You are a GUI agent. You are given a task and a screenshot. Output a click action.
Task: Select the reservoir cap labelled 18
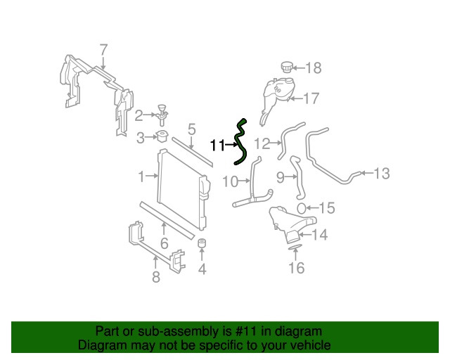tap(286, 67)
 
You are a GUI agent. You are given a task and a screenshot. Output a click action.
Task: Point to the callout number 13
tap(381, 173)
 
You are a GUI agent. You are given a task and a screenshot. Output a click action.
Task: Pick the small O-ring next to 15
tap(300, 207)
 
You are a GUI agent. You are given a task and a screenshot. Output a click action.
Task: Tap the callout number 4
tap(202, 268)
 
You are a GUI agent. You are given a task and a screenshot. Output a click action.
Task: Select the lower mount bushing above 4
tap(201, 245)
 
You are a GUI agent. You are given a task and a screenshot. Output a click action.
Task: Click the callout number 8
tap(156, 276)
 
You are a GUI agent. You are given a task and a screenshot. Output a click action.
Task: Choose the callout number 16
tap(297, 268)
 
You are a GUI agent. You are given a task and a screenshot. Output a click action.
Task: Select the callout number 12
tap(262, 143)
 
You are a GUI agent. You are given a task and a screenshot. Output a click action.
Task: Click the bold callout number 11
tap(217, 146)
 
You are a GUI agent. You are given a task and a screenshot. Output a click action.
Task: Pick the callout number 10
tap(230, 182)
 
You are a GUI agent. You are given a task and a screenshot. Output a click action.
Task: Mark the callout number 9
tap(281, 177)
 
